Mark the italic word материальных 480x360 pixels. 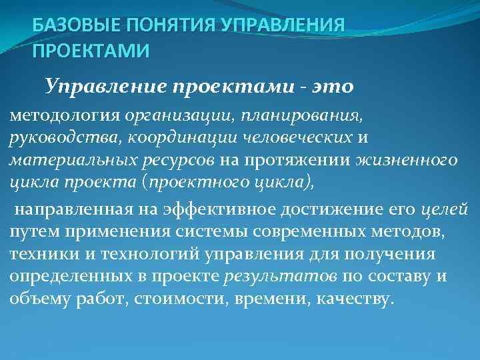[64, 159]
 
